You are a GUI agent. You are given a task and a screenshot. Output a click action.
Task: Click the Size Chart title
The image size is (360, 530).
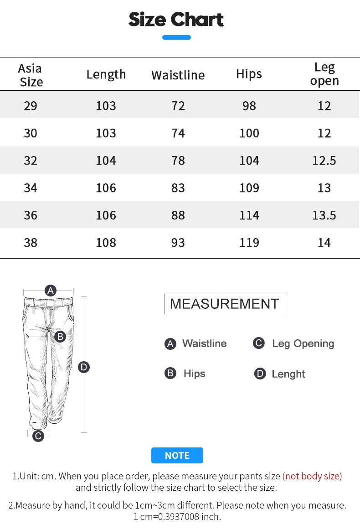click(x=176, y=20)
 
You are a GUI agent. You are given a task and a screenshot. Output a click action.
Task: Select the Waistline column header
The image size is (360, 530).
click(x=178, y=75)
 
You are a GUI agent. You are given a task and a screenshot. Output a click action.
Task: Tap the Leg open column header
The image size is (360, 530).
click(x=324, y=74)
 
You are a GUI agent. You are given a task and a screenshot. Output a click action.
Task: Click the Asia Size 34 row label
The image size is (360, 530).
click(x=31, y=188)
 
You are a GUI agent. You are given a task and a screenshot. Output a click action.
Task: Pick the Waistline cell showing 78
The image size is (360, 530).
click(x=178, y=161)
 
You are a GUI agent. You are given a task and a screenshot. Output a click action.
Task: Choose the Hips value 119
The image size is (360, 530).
click(x=249, y=243)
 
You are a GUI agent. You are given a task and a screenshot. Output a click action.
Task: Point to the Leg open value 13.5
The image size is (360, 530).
click(x=324, y=215)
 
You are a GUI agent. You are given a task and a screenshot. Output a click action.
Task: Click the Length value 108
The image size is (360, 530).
click(x=106, y=243)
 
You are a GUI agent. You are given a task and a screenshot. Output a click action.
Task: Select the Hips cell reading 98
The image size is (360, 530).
click(x=249, y=106)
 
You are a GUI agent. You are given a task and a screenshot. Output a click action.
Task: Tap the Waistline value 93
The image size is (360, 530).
click(x=178, y=243)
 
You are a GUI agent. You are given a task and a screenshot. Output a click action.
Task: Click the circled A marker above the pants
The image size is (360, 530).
click(x=50, y=291)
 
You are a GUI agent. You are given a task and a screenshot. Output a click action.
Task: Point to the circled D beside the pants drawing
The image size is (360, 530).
click(x=84, y=367)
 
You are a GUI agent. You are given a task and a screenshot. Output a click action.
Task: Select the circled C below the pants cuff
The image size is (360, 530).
click(x=38, y=436)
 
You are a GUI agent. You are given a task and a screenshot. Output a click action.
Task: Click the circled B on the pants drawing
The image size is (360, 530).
click(x=60, y=337)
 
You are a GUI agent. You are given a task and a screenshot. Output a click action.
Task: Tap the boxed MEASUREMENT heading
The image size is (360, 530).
click(x=225, y=304)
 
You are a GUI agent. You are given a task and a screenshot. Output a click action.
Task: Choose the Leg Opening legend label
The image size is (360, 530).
click(x=303, y=343)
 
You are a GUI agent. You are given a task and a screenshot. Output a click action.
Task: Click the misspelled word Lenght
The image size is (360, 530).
click(x=288, y=374)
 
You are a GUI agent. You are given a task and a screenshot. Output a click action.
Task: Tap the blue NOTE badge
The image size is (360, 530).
click(x=177, y=455)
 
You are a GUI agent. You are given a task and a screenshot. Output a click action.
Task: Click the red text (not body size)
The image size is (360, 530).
click(x=312, y=476)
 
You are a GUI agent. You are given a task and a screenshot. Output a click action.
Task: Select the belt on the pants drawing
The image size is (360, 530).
click(x=48, y=301)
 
